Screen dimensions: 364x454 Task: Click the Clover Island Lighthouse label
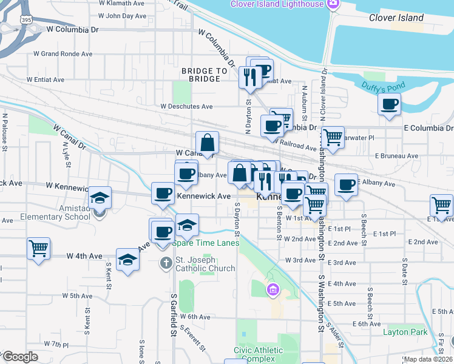tap(277, 4)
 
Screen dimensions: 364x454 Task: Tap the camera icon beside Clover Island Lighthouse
tap(333, 5)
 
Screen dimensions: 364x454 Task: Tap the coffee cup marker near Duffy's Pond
tap(389, 104)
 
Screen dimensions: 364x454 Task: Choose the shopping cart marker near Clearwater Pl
tap(333, 138)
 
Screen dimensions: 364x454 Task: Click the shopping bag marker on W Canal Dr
tap(207, 143)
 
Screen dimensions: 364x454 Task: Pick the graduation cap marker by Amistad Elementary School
tap(100, 198)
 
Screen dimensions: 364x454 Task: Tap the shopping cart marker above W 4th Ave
tap(38, 248)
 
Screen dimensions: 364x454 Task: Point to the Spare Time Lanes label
tap(205, 243)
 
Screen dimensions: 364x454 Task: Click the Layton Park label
tap(405, 332)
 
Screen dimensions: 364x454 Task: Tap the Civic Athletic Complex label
tap(258, 354)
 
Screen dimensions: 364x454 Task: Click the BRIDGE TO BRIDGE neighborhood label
tap(205, 75)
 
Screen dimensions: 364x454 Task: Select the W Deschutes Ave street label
tap(186, 106)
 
